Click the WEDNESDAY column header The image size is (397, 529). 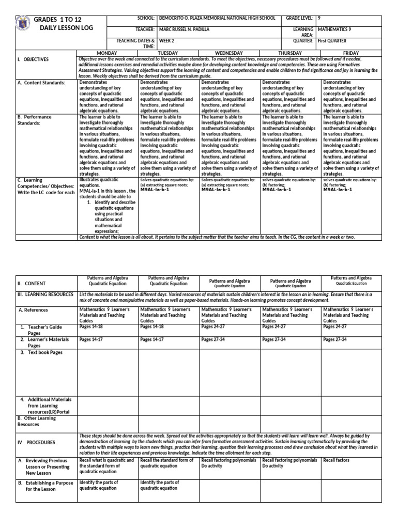tap(230, 53)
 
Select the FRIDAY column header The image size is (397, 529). tap(352, 53)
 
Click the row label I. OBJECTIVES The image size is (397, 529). tap(33, 60)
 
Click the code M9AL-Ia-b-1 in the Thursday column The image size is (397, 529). tap(277, 190)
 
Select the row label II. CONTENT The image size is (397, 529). tap(32, 283)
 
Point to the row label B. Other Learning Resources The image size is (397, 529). tap(39, 421)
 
